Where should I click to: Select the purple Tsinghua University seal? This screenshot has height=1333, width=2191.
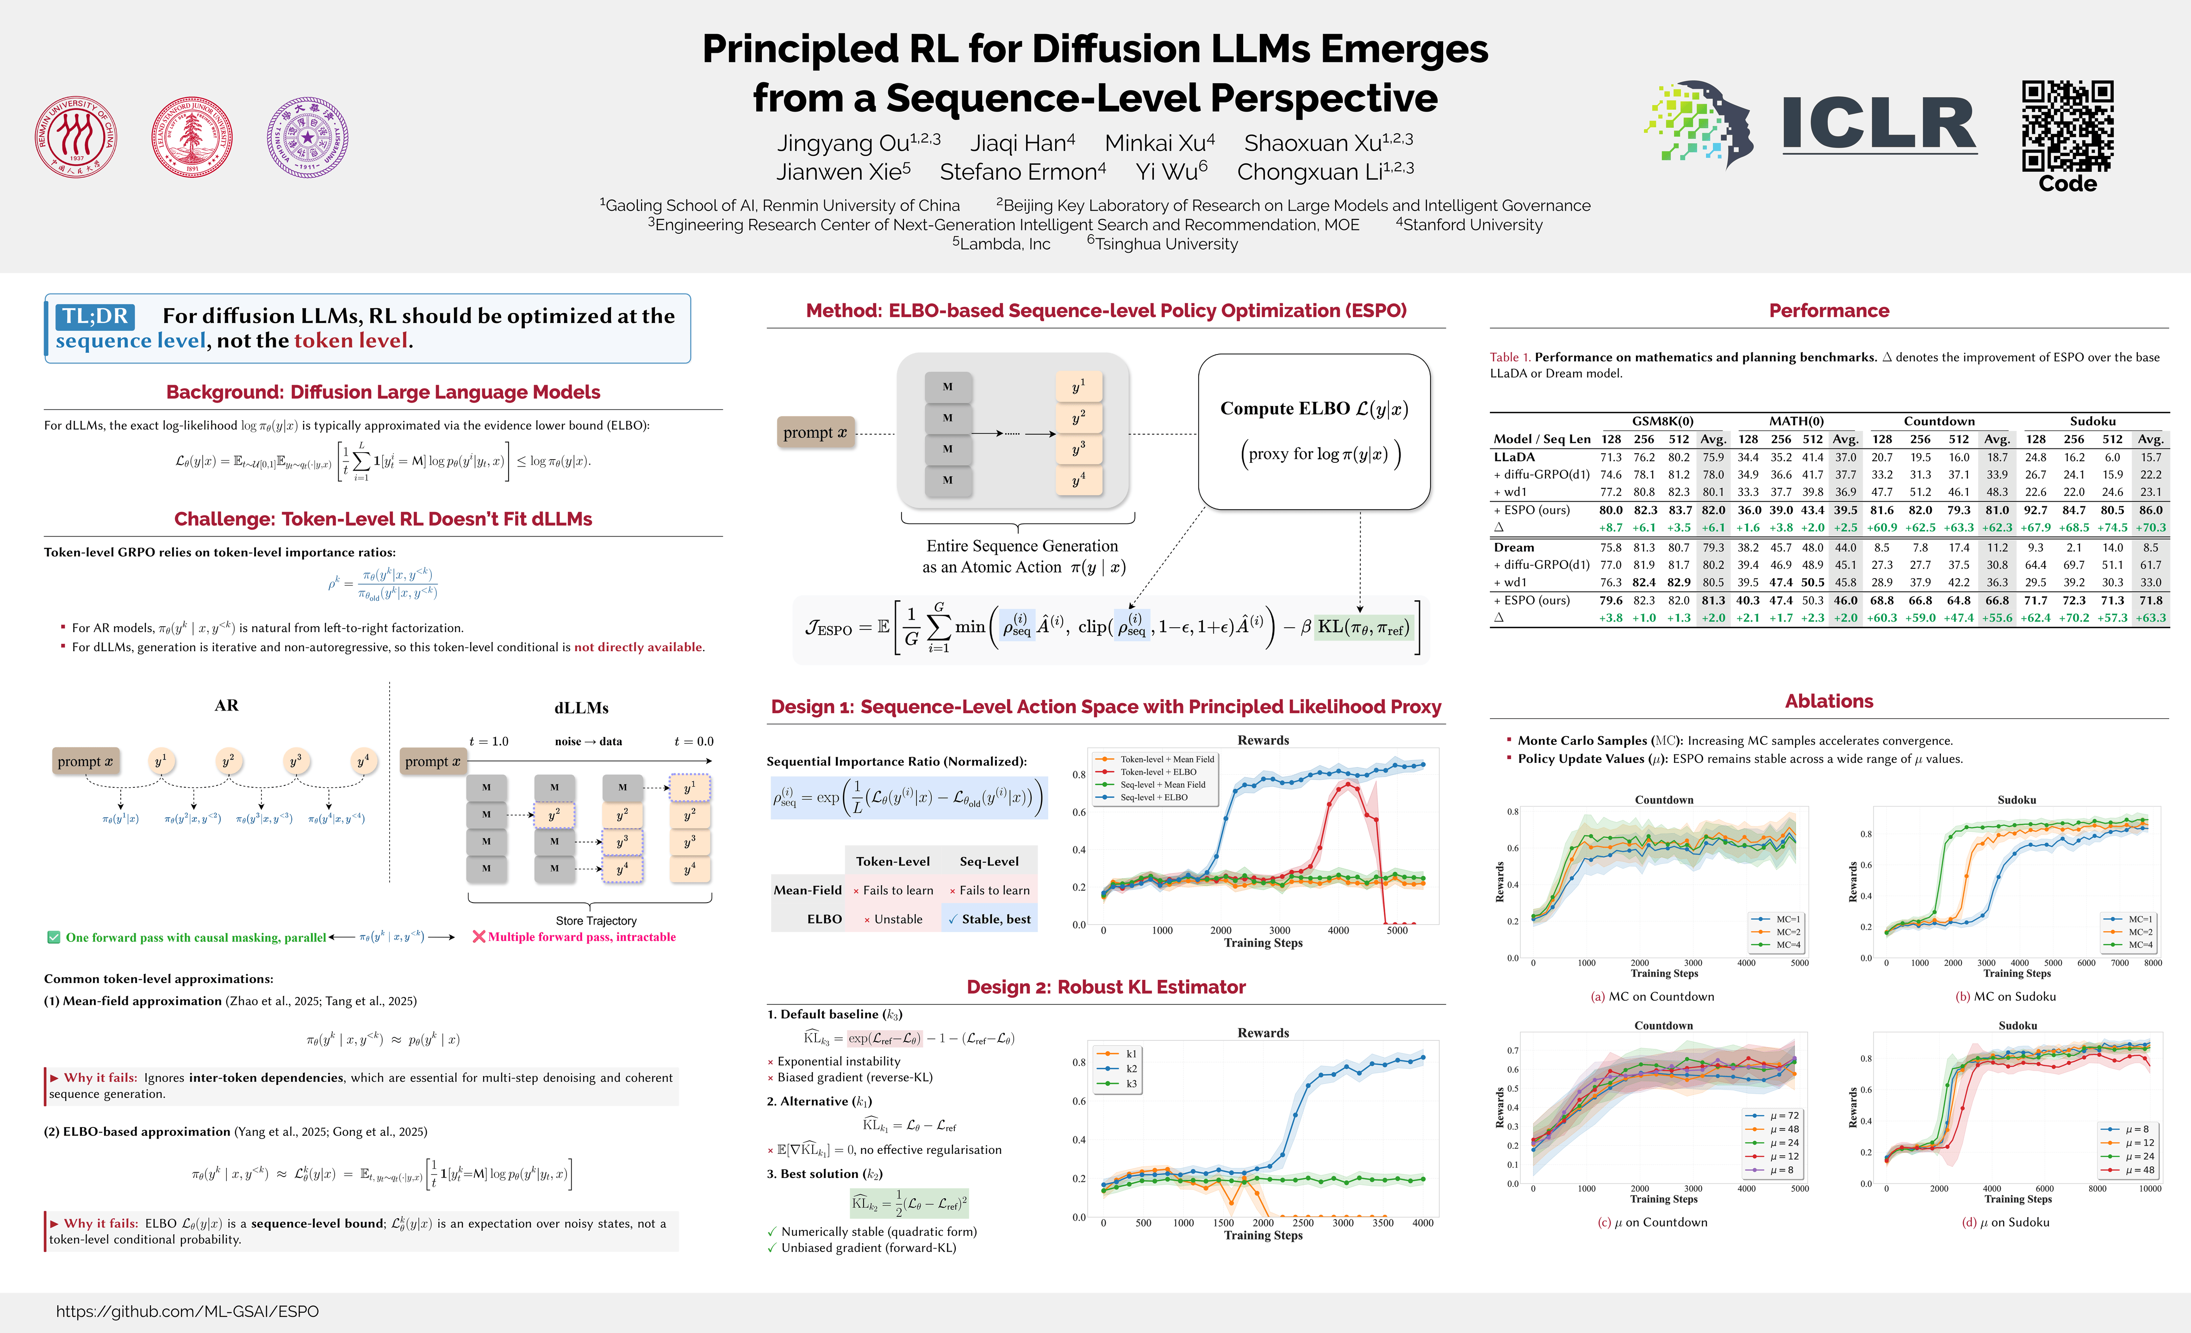[308, 138]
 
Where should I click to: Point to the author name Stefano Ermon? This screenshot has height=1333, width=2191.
[1022, 172]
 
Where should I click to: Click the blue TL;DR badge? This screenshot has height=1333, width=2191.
[95, 316]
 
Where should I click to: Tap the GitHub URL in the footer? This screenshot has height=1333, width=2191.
[187, 1311]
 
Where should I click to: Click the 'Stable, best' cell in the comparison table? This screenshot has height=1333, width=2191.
[990, 919]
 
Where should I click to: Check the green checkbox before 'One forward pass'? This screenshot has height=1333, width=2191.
[53, 937]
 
